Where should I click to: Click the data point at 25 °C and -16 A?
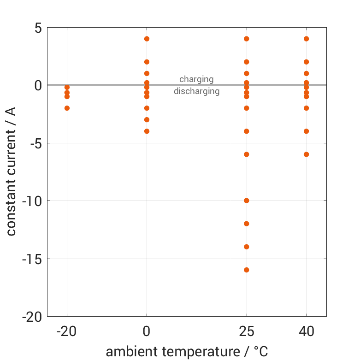tap(247, 270)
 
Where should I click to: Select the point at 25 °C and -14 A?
tap(247, 247)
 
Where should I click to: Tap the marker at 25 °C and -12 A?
tap(247, 224)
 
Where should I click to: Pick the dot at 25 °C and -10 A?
tap(247, 201)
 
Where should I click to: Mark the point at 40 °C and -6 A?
tap(306, 154)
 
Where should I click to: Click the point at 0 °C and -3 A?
tap(147, 120)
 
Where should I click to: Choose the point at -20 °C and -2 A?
tap(67, 108)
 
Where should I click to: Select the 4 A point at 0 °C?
tap(147, 39)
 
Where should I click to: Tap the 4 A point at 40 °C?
tap(306, 39)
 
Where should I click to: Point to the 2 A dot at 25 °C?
tap(247, 62)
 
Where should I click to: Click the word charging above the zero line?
tap(196, 79)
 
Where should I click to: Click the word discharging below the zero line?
tap(196, 91)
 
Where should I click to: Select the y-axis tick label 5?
tap(37, 28)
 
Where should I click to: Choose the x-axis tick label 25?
tap(247, 331)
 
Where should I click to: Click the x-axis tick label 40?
tap(306, 331)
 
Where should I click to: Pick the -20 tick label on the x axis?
tap(67, 331)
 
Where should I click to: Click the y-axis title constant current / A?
tap(11, 171)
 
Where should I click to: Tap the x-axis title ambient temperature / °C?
tap(187, 352)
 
